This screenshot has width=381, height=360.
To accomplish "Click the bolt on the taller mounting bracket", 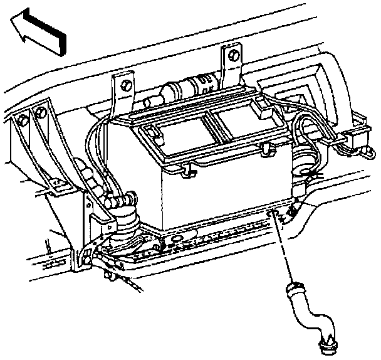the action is (234, 55).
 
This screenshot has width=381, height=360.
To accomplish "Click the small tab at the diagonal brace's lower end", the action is (85, 258).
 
